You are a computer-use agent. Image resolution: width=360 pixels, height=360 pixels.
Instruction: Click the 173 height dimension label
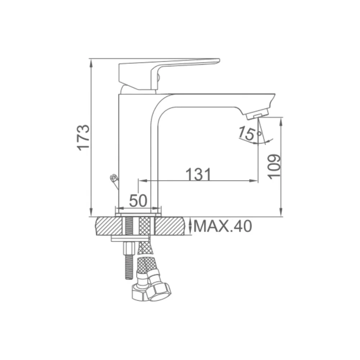click(83, 138)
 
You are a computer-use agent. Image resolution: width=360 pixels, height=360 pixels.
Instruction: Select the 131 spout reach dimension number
click(198, 174)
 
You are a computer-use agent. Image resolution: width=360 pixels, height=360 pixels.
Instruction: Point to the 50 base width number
click(138, 201)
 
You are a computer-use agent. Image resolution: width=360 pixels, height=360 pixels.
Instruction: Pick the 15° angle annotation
click(249, 134)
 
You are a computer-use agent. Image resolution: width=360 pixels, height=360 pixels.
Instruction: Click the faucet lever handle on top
click(169, 73)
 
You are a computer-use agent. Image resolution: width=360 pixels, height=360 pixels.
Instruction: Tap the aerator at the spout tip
click(258, 114)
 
